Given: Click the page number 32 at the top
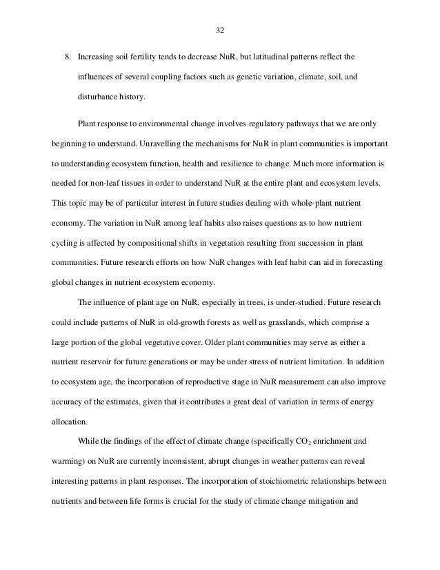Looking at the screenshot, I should pyautogui.click(x=220, y=30).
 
